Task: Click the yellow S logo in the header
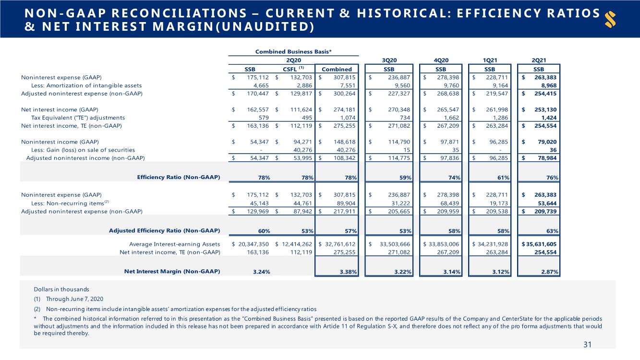point(610,19)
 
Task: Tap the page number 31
point(587,345)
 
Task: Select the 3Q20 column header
point(389,60)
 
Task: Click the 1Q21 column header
point(490,60)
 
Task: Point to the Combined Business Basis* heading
point(293,52)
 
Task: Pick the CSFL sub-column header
point(293,69)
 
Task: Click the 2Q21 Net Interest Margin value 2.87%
point(549,272)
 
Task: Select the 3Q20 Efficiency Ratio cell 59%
point(405,178)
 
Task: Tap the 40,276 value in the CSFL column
point(302,150)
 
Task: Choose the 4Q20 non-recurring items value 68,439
point(450,203)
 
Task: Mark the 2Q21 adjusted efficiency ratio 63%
point(552,231)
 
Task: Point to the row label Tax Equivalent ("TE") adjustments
point(78,118)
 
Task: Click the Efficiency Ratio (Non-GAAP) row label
point(179,177)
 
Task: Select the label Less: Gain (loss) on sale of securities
point(83,150)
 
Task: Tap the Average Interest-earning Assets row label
point(175,244)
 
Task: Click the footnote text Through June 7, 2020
point(74,299)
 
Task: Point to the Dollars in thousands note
point(61,289)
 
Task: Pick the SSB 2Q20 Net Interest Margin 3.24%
point(262,272)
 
